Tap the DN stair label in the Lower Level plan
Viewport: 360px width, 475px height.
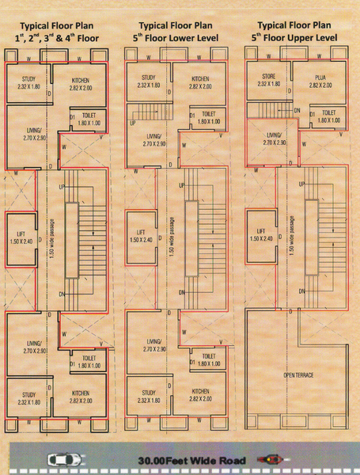click(x=182, y=294)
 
